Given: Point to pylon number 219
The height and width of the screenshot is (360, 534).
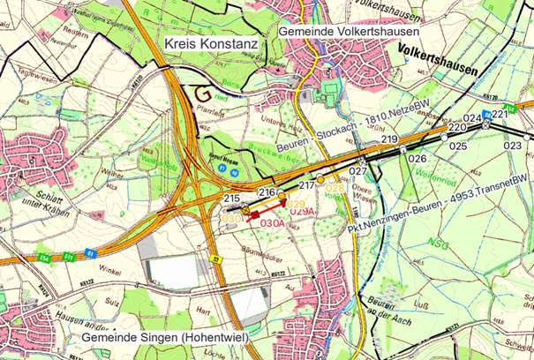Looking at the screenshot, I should pyautogui.click(x=389, y=141).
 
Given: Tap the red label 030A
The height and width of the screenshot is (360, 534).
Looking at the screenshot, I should pyautogui.click(x=274, y=223).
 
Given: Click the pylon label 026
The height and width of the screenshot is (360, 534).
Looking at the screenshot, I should pyautogui.click(x=417, y=158).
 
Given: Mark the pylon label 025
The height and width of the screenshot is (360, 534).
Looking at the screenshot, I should pyautogui.click(x=458, y=146).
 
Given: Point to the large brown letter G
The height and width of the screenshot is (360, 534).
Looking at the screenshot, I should pyautogui.click(x=204, y=92).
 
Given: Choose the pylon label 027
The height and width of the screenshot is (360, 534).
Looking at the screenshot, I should pyautogui.click(x=357, y=170).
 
